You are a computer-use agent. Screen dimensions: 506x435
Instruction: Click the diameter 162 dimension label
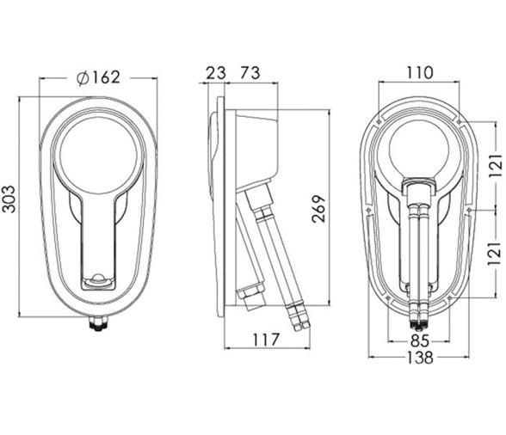tap(98, 77)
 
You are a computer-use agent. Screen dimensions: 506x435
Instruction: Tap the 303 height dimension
tap(9, 199)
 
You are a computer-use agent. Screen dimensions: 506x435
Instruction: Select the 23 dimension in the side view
tap(216, 72)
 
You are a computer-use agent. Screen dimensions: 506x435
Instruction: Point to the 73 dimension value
tap(250, 72)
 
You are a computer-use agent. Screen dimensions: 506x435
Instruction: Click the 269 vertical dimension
tap(319, 209)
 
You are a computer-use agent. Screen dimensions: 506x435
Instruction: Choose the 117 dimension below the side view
tap(266, 340)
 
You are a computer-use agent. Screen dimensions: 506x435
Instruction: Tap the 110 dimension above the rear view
tap(419, 72)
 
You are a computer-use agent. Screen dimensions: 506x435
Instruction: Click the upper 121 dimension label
tap(496, 165)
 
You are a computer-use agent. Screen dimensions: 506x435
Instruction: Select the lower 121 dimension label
tap(495, 253)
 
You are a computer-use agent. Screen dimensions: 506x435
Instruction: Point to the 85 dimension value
tap(420, 340)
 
